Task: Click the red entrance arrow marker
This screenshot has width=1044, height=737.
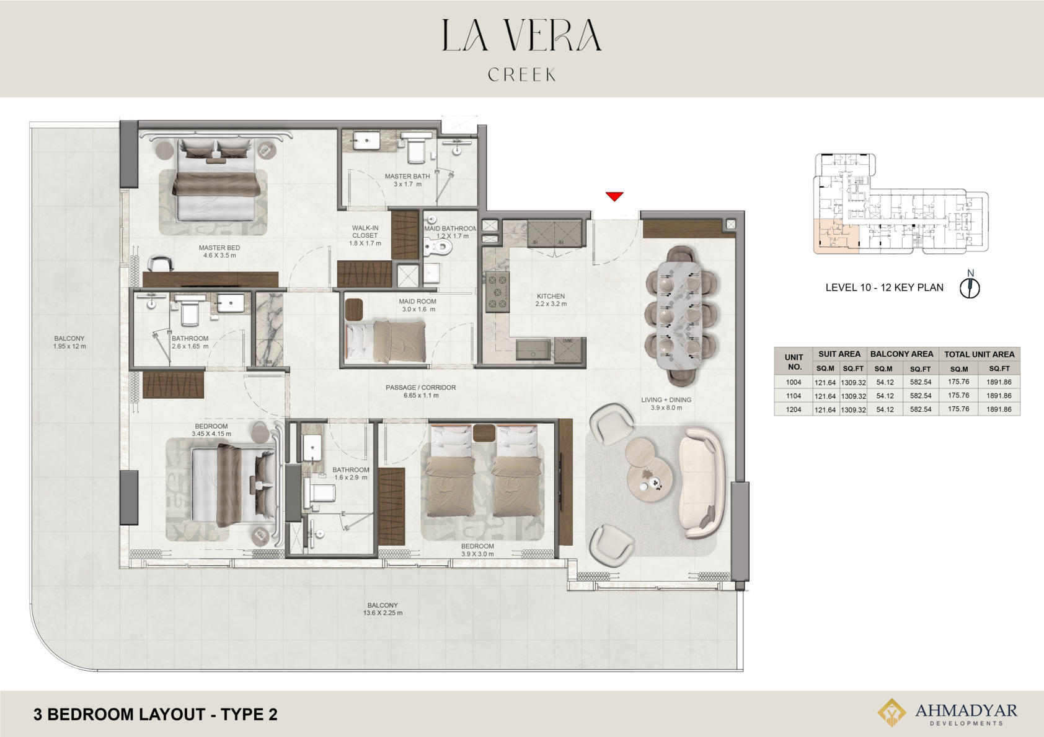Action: pyautogui.click(x=614, y=196)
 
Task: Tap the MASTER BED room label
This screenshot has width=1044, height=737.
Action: pyautogui.click(x=219, y=248)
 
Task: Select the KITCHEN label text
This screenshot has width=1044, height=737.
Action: pyautogui.click(x=551, y=296)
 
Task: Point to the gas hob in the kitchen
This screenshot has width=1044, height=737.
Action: pyautogui.click(x=497, y=292)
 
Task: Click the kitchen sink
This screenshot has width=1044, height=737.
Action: pyautogui.click(x=533, y=350)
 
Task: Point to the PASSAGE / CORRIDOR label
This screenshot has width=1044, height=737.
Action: pyautogui.click(x=420, y=387)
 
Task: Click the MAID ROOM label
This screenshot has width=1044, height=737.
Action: pyautogui.click(x=417, y=301)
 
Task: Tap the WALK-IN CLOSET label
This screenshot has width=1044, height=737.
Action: pyautogui.click(x=365, y=232)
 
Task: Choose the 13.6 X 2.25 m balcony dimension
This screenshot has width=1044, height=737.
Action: pyautogui.click(x=383, y=613)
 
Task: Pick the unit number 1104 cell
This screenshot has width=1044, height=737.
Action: pyautogui.click(x=794, y=396)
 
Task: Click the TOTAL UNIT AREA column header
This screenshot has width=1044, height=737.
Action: pyautogui.click(x=980, y=354)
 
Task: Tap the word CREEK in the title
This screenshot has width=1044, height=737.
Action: pyautogui.click(x=522, y=74)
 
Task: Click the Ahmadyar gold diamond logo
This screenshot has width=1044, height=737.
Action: pyautogui.click(x=891, y=712)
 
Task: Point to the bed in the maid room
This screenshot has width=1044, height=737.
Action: pyautogui.click(x=386, y=341)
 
